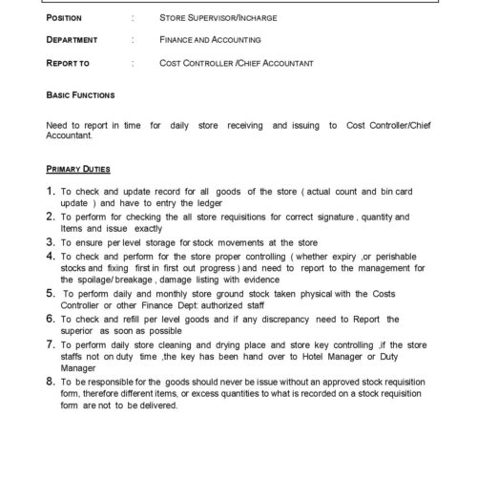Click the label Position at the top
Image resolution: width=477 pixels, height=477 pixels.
coord(64,18)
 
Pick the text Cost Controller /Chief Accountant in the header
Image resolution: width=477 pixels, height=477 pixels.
coord(237,63)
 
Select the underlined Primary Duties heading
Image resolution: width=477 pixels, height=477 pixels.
coord(78,168)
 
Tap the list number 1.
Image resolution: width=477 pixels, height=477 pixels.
coord(51,193)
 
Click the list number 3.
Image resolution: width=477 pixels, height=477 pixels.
coord(51,243)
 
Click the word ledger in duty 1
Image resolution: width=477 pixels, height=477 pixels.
coord(210,204)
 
